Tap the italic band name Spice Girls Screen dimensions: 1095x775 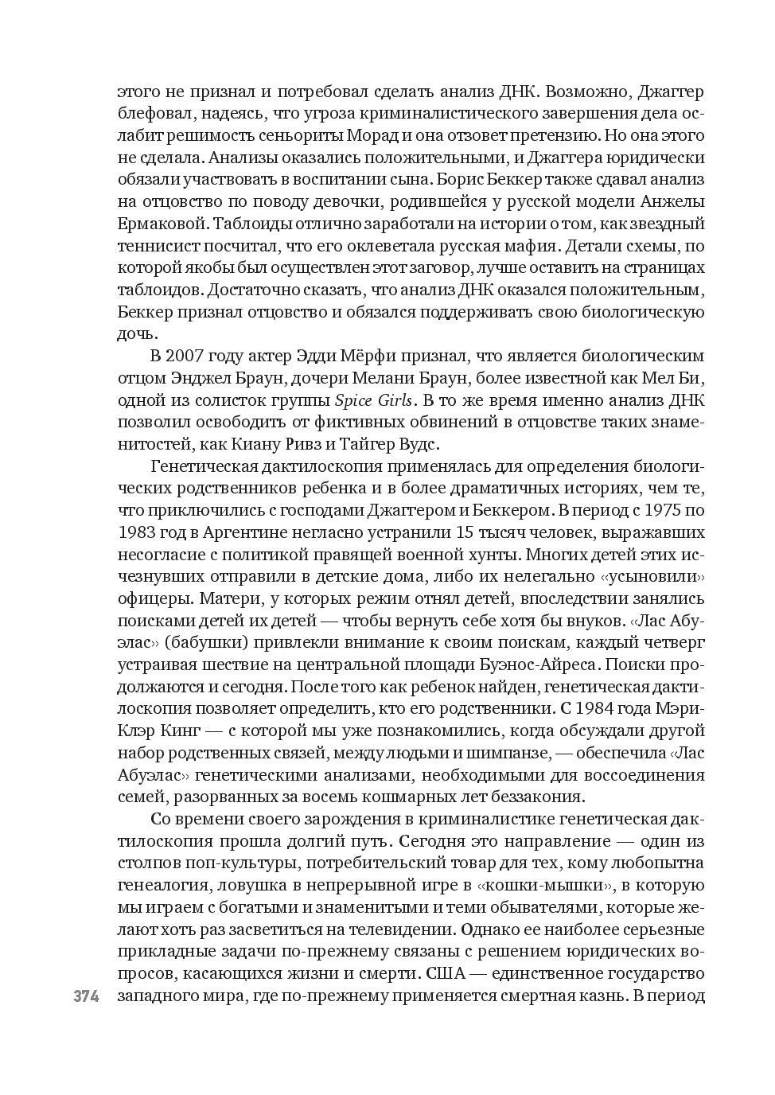(373, 400)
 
